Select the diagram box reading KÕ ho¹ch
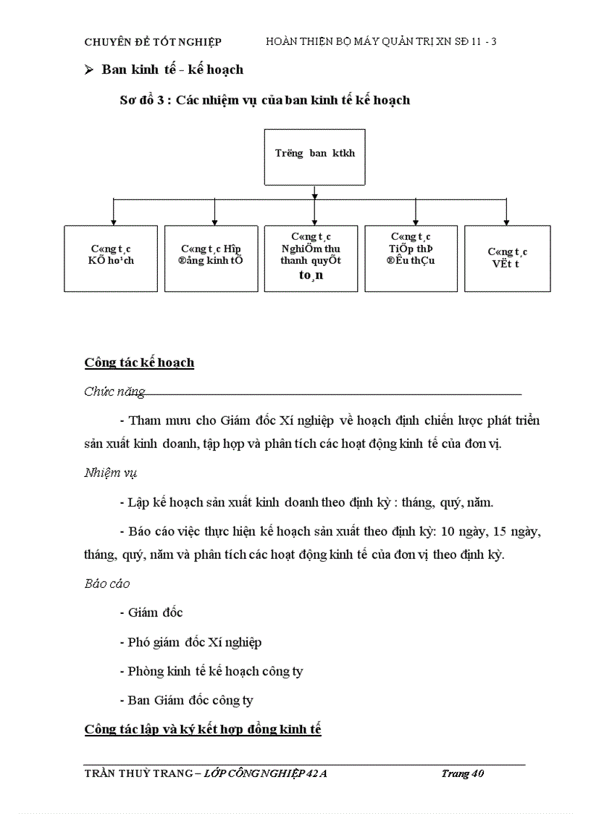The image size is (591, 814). tap(110, 259)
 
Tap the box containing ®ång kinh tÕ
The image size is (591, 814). tap(211, 259)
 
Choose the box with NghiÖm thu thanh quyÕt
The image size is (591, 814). tap(311, 259)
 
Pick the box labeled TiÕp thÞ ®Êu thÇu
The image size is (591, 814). tap(411, 259)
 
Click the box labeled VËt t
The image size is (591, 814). tap(507, 259)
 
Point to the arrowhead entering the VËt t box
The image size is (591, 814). tap(506, 221)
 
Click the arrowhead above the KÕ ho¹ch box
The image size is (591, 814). tap(113, 221)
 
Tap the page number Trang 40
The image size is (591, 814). tap(462, 773)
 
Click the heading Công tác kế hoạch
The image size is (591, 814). tap(139, 362)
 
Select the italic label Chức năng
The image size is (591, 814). tap(114, 392)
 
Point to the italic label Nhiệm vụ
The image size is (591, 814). tap(110, 473)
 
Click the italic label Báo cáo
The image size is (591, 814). tap(107, 583)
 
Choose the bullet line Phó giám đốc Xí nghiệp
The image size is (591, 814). tap(194, 642)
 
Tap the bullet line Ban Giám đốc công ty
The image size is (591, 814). tap(190, 700)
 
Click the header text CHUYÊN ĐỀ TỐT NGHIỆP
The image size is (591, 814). tap(153, 42)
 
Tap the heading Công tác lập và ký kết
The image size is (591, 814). tap(203, 729)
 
